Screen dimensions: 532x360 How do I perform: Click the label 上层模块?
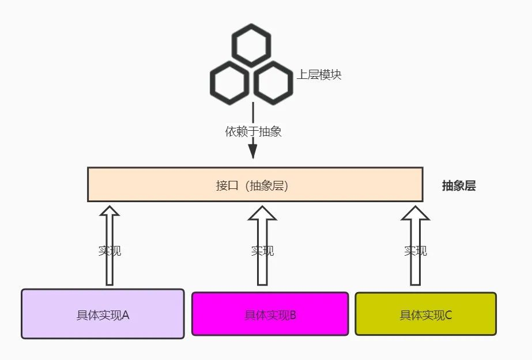coord(319,74)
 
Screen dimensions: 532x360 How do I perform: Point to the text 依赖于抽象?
coord(253,131)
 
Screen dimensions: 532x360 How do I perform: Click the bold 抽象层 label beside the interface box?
coord(459,186)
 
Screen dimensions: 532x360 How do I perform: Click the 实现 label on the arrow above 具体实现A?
coord(110,251)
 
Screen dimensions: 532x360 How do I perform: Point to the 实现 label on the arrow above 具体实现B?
coord(263,251)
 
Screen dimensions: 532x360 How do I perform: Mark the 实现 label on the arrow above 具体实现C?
coord(416,251)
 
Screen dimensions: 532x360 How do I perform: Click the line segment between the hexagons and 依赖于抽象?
coord(253,113)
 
